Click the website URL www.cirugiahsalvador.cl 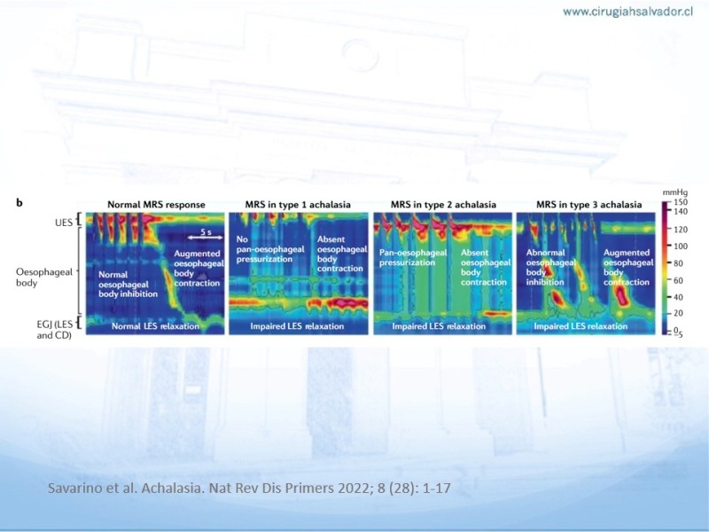coord(628,12)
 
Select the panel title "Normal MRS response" coord(156,205)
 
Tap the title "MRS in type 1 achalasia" coord(298,205)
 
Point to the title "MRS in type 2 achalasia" coord(443,205)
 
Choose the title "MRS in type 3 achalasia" coord(588,205)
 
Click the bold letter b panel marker coord(19,203)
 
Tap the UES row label coord(63,223)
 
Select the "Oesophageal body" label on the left coord(43,278)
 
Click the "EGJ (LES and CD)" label coord(54,330)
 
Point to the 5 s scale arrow coord(206,237)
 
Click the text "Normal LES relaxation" coord(155,326)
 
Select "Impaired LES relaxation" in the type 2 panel coord(439,326)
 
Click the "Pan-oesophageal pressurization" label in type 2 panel coord(412,257)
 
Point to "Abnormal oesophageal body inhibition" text coord(550,268)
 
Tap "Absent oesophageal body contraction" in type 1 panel coord(342,254)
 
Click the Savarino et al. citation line coord(249,489)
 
